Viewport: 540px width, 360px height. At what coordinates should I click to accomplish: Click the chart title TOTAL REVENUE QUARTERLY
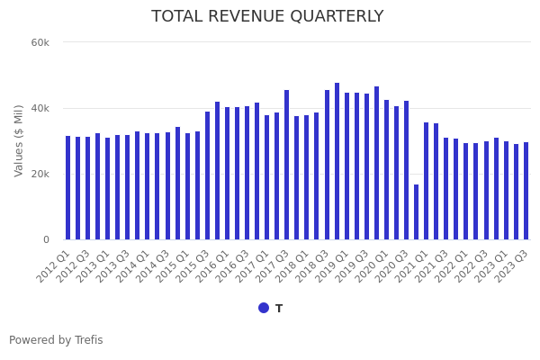tap(267, 17)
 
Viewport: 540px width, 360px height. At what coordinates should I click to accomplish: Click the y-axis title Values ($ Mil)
tap(19, 140)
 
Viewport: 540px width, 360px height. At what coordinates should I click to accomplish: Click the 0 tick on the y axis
tap(46, 240)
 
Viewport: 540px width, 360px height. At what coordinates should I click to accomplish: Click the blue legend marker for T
tap(264, 308)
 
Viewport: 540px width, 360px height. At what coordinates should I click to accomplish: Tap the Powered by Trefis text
tap(56, 340)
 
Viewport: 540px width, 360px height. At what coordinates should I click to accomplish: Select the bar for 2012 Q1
tap(68, 188)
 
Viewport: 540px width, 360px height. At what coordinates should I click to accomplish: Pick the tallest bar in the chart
tap(337, 162)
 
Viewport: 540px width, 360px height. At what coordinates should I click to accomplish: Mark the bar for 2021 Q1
tap(426, 181)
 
